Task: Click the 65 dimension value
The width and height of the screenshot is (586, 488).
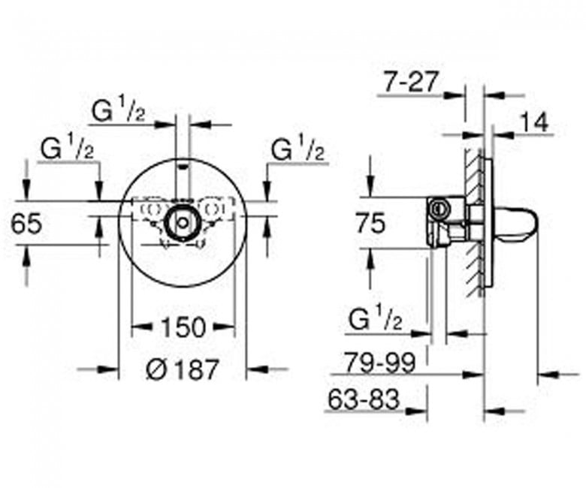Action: pos(26,224)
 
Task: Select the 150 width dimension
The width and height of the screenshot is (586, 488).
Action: pos(183,327)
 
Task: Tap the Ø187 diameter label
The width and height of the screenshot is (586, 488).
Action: pos(182,369)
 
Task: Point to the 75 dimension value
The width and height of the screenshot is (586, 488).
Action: pos(370,223)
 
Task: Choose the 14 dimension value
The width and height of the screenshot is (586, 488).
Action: pos(534,122)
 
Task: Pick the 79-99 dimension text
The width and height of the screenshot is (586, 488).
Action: pos(379,362)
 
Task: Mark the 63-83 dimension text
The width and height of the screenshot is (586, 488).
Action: pos(364,399)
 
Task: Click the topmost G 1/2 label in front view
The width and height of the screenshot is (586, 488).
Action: pos(119,108)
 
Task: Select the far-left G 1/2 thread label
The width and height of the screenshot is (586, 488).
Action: pos(68,148)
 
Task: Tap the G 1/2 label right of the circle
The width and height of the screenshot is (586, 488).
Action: pos(298,148)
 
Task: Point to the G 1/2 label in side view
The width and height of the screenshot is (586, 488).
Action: pos(375,318)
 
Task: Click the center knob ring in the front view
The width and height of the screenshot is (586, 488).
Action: pos(183,221)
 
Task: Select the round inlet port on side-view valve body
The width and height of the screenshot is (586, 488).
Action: pos(437,209)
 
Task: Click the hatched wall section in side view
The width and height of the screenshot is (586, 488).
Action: pos(475,223)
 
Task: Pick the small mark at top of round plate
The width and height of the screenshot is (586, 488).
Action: pos(183,165)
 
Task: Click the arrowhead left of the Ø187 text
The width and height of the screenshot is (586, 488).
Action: pos(108,369)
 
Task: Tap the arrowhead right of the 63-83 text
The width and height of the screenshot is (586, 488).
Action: pos(418,411)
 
